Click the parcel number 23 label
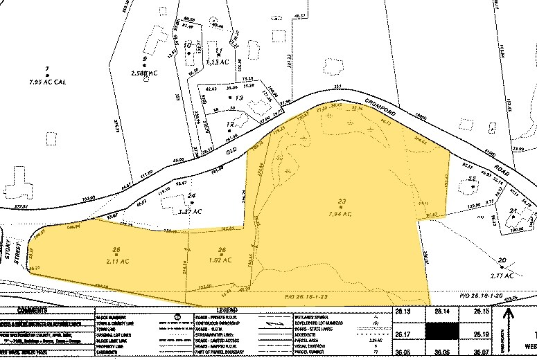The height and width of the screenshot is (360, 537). (x=341, y=201)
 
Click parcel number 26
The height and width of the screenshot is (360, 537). (x=222, y=250)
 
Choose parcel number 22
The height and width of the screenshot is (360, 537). (x=472, y=180)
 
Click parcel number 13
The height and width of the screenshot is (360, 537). (x=240, y=98)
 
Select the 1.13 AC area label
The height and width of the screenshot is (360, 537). (x=217, y=62)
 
